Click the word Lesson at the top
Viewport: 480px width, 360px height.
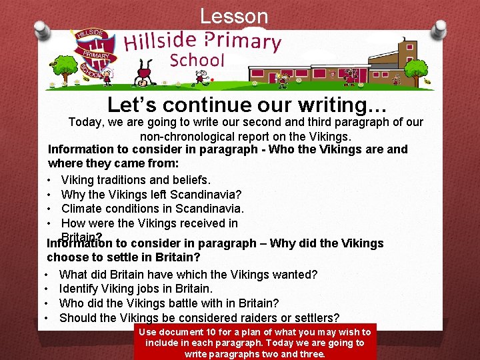pos(234,16)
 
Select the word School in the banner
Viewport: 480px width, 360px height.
pos(197,60)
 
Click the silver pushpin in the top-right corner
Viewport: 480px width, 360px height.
pos(439,29)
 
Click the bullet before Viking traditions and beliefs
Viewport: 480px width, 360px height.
pos(51,180)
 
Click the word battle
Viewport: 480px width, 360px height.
pos(178,303)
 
